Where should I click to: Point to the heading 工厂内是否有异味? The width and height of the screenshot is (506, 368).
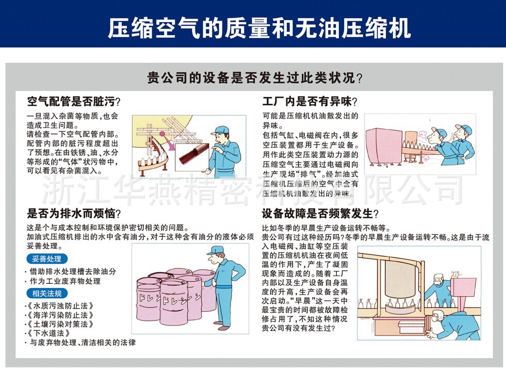[x=309, y=102]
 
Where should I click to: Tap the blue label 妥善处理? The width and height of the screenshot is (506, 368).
[x=46, y=259]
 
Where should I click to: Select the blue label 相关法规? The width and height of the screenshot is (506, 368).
[x=46, y=294]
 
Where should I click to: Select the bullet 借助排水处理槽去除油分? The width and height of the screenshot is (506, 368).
[x=72, y=271]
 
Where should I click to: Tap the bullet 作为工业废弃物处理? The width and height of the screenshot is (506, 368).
[x=64, y=281]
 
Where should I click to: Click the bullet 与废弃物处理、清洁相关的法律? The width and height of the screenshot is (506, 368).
[x=83, y=342]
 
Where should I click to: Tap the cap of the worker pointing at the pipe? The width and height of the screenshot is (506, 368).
[x=221, y=130]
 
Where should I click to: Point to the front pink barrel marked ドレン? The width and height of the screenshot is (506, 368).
[x=173, y=302]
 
